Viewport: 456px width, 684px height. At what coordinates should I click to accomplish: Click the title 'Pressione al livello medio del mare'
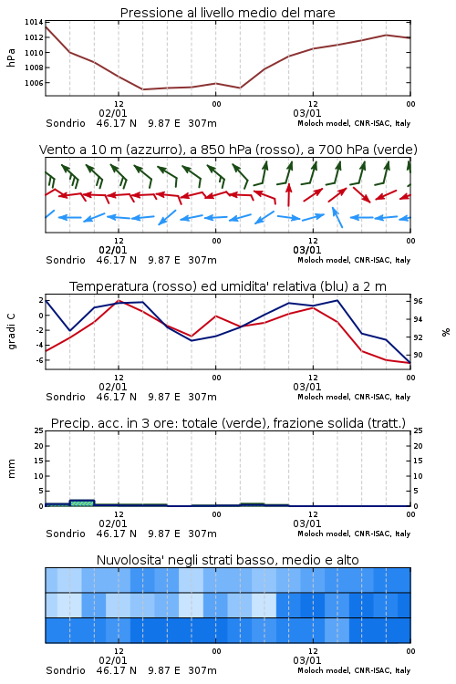(227, 13)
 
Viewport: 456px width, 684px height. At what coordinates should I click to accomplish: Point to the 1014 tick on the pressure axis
(34, 22)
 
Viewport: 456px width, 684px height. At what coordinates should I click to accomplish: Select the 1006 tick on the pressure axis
(34, 83)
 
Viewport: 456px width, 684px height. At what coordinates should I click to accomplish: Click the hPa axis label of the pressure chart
(11, 57)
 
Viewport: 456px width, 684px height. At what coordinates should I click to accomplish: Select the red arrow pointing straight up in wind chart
(288, 195)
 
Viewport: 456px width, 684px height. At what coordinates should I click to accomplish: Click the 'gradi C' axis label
(11, 331)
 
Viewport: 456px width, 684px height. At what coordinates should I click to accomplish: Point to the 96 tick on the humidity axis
(418, 302)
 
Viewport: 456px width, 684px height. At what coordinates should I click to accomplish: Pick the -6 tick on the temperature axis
(39, 360)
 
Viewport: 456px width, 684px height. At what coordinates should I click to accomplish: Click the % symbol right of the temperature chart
(446, 332)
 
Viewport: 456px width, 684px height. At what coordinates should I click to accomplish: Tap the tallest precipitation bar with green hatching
(81, 503)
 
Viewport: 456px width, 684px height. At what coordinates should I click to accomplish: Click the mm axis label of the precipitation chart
(11, 469)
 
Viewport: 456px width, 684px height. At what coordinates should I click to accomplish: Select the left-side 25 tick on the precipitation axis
(39, 431)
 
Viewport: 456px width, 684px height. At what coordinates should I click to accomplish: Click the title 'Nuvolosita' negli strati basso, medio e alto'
(227, 560)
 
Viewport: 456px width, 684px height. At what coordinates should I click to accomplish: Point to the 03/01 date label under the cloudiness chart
(307, 660)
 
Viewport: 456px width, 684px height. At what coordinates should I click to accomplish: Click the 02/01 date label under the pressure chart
(113, 113)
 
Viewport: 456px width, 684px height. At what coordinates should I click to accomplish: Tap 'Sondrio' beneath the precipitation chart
(66, 534)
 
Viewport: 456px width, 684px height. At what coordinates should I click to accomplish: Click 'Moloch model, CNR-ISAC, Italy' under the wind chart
(354, 260)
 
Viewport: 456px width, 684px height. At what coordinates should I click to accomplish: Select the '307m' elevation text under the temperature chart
(202, 397)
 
